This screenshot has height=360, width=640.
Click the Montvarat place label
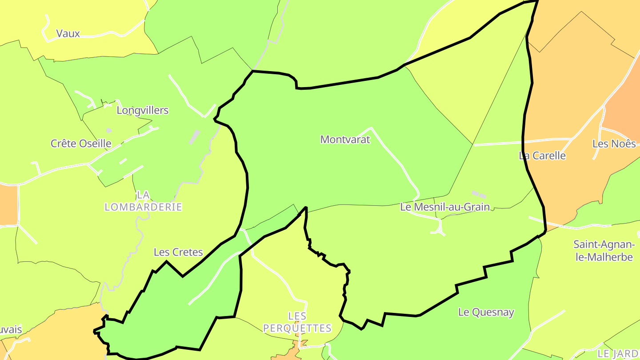345,140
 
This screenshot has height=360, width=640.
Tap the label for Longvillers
142,110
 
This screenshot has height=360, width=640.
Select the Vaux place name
68,33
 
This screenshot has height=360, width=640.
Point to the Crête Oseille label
80,144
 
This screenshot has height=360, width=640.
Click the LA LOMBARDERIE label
143,201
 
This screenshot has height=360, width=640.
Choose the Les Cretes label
178,252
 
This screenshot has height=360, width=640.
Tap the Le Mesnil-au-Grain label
445,207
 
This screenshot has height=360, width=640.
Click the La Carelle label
542,156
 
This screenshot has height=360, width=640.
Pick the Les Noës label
614,144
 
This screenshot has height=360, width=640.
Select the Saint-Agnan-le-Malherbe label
604,251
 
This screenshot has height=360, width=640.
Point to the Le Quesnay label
486,312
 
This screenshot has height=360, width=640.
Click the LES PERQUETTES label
297,322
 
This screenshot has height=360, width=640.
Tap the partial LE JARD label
618,354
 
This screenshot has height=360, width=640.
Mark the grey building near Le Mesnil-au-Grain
479,194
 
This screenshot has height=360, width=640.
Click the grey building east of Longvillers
194,137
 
